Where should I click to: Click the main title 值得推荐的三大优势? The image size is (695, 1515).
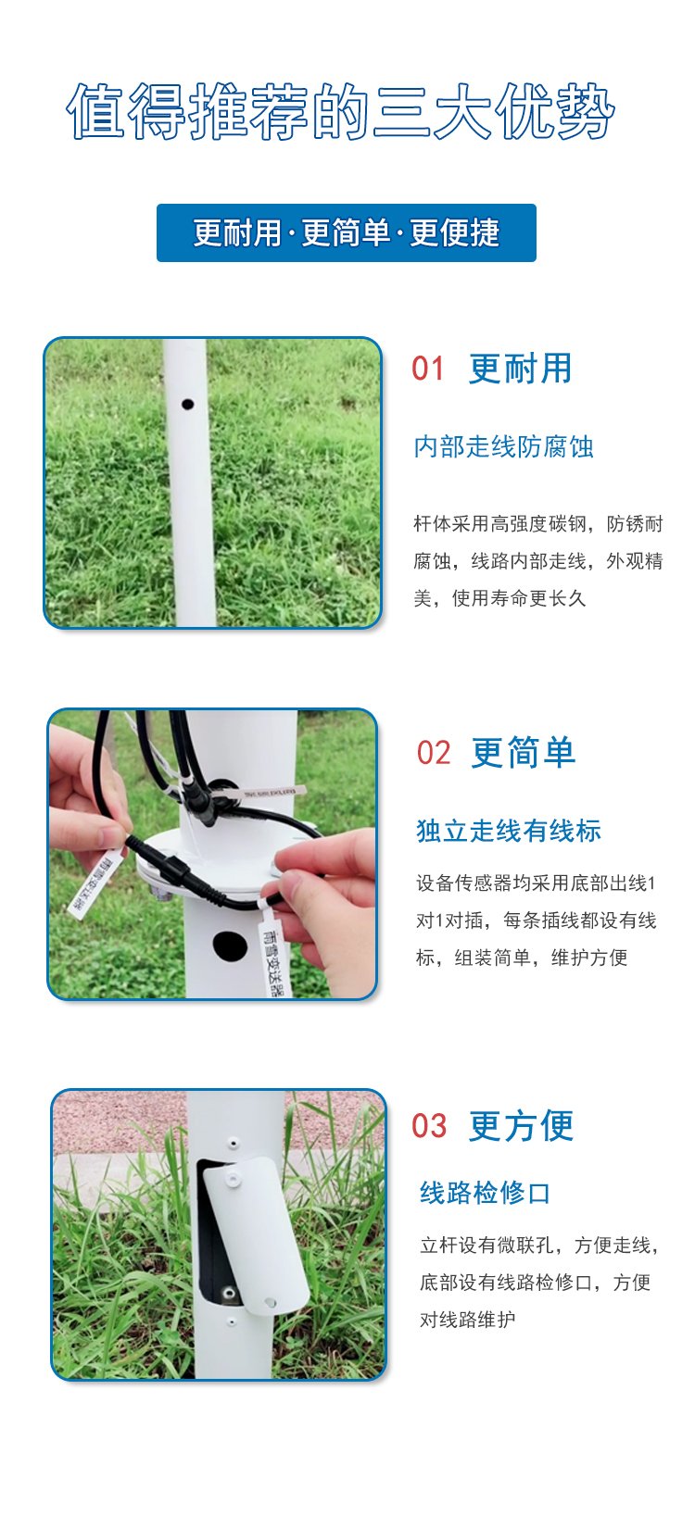(x=340, y=112)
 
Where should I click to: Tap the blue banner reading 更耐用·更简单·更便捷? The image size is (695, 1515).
(x=347, y=232)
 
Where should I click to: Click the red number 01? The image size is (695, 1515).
(x=428, y=369)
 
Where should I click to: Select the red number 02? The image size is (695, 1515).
(x=433, y=753)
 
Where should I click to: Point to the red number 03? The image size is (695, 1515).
(x=429, y=1126)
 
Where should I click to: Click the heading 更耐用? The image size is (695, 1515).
(x=521, y=369)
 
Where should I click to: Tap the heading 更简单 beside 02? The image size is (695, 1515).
(x=524, y=753)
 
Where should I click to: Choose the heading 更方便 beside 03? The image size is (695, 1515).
(x=521, y=1126)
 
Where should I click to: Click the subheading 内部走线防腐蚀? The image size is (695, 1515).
(x=503, y=447)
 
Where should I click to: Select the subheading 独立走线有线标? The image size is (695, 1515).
(x=508, y=832)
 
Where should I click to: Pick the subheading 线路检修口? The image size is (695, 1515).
(x=485, y=1193)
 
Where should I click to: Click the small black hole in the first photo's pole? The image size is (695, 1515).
(x=187, y=405)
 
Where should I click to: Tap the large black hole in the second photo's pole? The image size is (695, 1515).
(x=230, y=945)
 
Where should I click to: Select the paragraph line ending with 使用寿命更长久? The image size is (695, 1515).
(x=499, y=598)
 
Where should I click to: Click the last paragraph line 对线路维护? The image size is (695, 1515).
(x=468, y=1320)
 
